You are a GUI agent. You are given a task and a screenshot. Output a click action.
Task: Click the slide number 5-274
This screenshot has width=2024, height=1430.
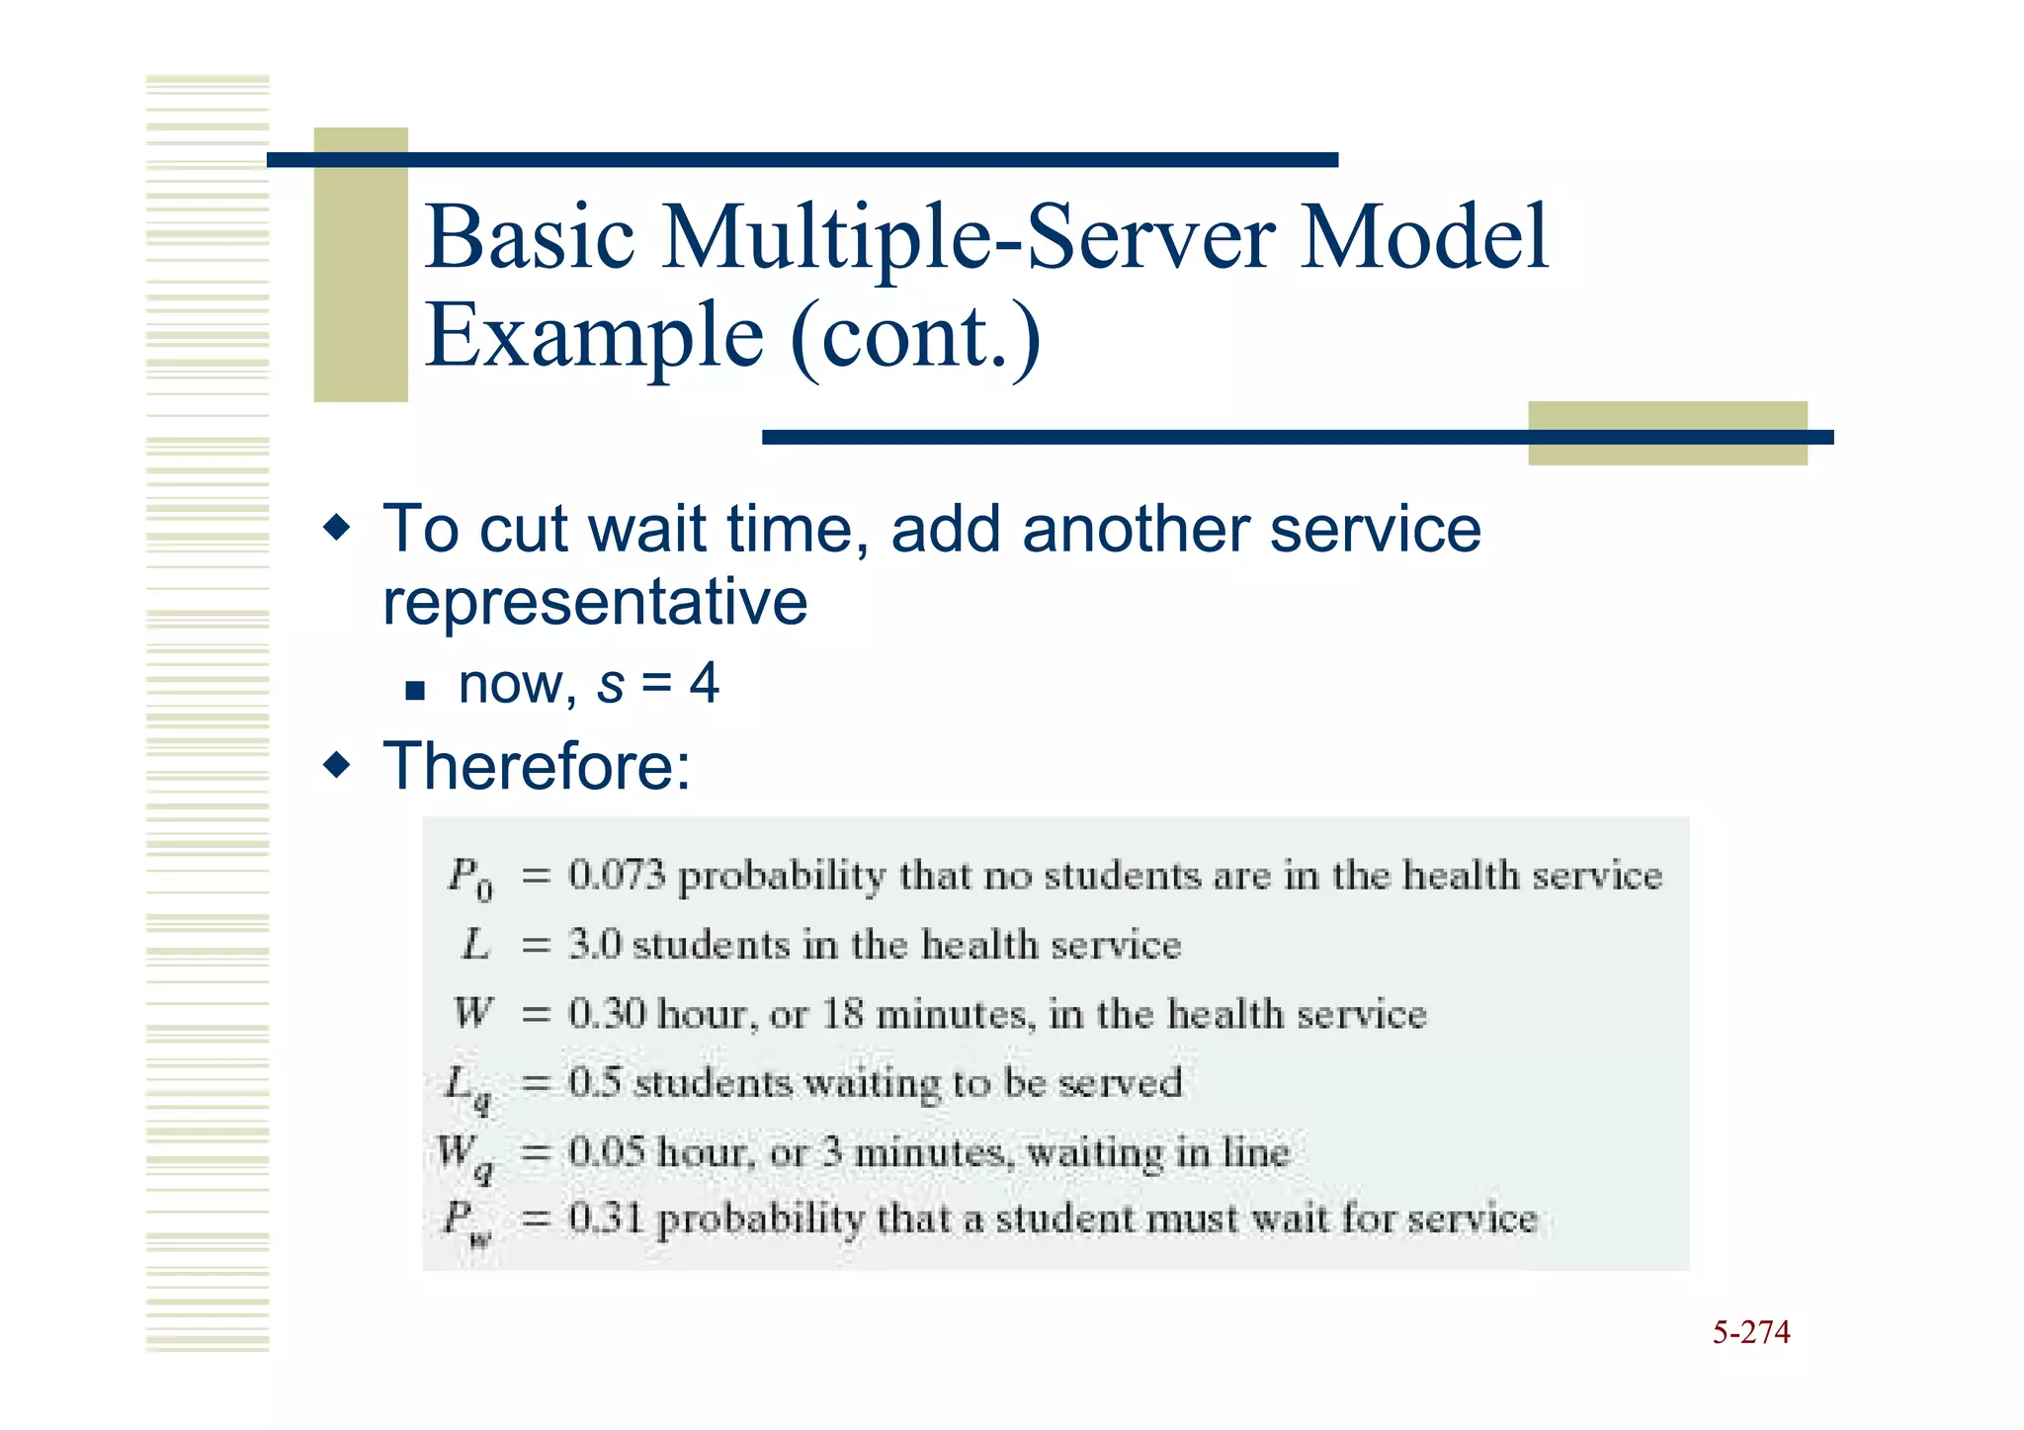[x=1750, y=1332]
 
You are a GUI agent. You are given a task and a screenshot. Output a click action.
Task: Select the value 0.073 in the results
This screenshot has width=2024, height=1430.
[x=618, y=876]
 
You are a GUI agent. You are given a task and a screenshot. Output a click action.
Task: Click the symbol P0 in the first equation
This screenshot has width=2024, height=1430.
[x=468, y=878]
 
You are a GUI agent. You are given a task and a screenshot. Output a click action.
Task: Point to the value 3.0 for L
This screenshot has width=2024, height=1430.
[x=595, y=945]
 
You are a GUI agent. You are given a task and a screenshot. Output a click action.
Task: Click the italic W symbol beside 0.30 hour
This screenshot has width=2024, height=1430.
[x=472, y=1013]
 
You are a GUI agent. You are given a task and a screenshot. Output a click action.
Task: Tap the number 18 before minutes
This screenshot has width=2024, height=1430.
[x=843, y=1014]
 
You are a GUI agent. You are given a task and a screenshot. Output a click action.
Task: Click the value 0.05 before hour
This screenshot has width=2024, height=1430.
[x=607, y=1152]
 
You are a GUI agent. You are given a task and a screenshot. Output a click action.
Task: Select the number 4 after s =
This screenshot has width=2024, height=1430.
[x=704, y=684]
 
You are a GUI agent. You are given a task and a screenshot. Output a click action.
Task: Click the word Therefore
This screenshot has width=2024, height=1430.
[x=536, y=766]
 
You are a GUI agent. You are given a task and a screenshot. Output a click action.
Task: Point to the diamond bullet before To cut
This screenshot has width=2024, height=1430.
[x=337, y=528]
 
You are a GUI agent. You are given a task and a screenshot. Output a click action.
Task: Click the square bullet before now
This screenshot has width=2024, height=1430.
[x=415, y=690]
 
